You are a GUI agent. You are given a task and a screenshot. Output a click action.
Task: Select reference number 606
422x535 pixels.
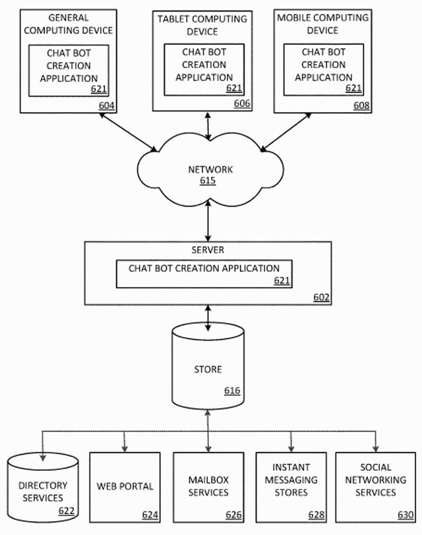point(242,104)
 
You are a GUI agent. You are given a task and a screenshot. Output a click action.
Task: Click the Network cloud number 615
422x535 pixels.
point(208,181)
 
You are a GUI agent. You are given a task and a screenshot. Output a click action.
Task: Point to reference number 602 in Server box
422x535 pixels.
point(321,298)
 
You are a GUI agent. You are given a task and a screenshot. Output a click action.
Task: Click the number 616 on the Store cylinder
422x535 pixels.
point(232,391)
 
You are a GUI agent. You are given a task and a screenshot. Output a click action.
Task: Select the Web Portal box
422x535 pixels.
point(125,487)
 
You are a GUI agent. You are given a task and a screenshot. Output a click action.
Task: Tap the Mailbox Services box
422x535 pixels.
point(208,487)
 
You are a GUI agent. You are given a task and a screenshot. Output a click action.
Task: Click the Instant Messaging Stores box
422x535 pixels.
point(291,487)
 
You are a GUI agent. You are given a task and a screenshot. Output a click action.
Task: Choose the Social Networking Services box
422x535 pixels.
point(375,487)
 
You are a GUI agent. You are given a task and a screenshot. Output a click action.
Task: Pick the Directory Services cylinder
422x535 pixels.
point(42,488)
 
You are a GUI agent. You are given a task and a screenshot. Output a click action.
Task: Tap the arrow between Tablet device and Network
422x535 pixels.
point(209,125)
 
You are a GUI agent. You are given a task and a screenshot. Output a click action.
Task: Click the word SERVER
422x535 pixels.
point(208,250)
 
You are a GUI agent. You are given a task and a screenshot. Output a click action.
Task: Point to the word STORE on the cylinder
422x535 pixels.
point(208,369)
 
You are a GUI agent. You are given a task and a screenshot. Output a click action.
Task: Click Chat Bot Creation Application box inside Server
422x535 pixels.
point(204,274)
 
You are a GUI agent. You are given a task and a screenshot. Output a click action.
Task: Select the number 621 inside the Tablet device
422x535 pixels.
point(234,88)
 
